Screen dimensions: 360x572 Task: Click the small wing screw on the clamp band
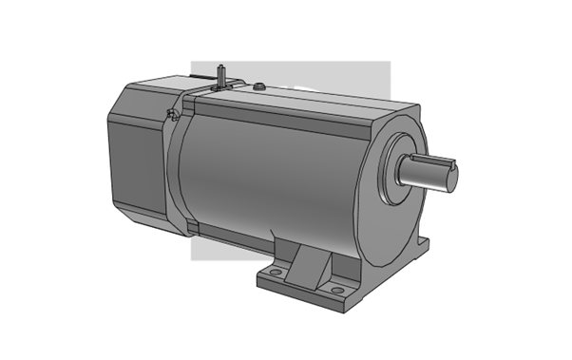point(170,116)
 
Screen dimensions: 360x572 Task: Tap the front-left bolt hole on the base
point(275,274)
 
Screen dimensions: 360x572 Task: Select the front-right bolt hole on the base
point(335,288)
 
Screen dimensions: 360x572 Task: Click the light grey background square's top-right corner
point(390,63)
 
